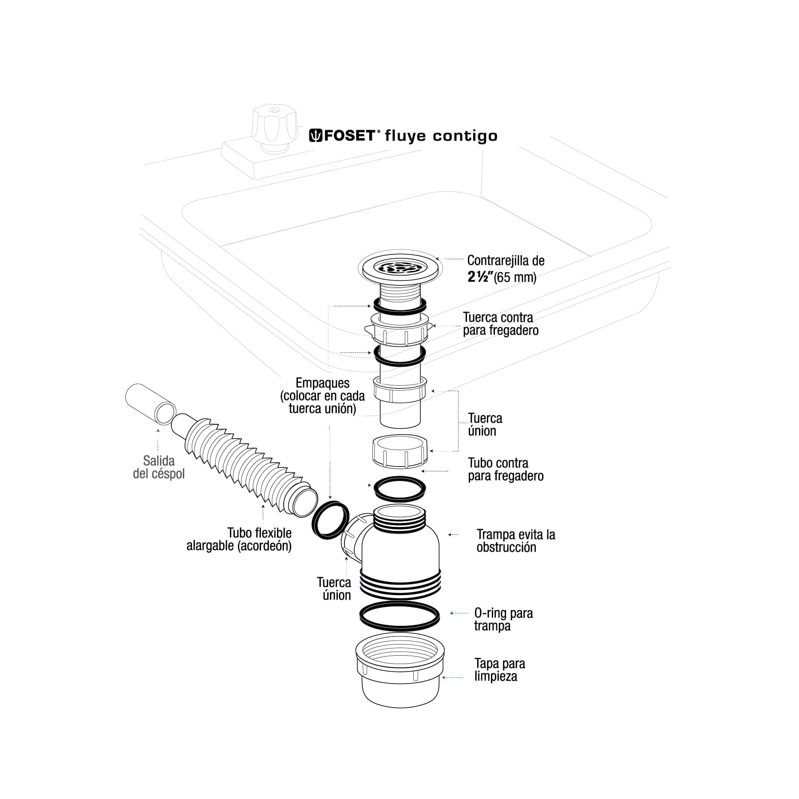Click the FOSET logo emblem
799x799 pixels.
315,135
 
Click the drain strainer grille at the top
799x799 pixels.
400,268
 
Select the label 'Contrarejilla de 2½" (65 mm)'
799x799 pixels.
505,269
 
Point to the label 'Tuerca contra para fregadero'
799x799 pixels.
500,324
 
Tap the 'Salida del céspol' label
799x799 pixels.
158,467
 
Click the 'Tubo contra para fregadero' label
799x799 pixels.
505,469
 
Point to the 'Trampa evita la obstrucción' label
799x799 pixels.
515,541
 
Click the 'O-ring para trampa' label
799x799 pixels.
503,619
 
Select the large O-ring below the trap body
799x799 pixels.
399,617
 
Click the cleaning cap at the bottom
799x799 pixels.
400,675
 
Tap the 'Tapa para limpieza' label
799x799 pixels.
499,670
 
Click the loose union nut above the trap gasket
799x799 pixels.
399,451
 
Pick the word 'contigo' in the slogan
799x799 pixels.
465,136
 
